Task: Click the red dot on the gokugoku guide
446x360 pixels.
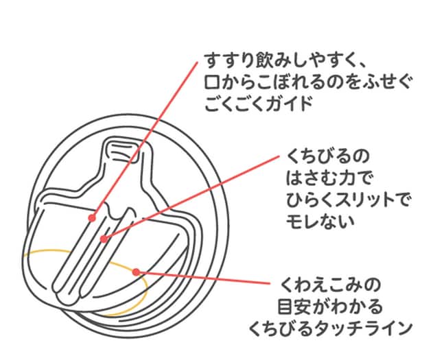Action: click(91, 218)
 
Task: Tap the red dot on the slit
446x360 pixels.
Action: click(104, 239)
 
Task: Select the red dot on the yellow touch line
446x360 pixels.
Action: click(137, 272)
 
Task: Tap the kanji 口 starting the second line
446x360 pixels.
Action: click(213, 83)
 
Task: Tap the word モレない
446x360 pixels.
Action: click(320, 222)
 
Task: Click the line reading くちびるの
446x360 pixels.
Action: click(327, 156)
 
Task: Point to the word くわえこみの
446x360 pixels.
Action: click(330, 285)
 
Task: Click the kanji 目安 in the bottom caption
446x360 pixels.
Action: click(294, 307)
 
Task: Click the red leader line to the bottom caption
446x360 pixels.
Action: click(203, 278)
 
